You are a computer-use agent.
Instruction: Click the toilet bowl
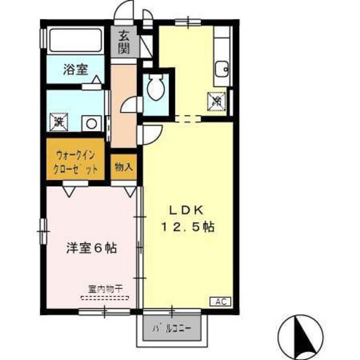[154, 88]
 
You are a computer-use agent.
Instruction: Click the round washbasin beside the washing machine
[91, 122]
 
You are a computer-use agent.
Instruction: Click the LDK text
[186, 210]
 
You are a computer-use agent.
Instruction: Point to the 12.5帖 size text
[186, 226]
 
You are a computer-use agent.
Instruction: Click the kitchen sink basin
[222, 69]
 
